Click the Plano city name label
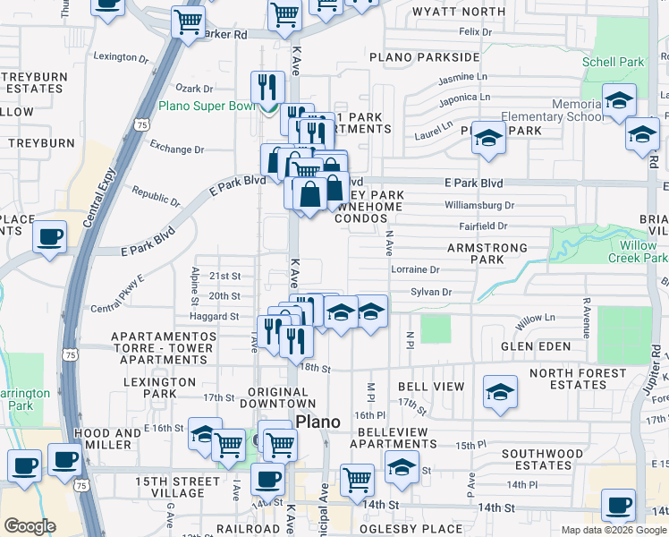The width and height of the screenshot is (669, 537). tap(318, 422)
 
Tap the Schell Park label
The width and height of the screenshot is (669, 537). tap(613, 63)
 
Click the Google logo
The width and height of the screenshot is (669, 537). tap(30, 526)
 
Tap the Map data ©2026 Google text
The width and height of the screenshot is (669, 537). tap(614, 530)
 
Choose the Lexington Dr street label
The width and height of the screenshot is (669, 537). tap(121, 57)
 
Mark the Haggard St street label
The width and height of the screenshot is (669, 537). tap(214, 316)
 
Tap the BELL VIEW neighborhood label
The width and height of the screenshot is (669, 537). tap(431, 387)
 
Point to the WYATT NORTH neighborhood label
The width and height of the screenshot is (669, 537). tap(459, 12)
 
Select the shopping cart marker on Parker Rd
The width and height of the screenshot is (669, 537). tap(188, 21)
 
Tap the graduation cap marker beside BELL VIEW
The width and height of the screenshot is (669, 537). tap(500, 392)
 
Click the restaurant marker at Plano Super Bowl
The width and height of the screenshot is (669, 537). tap(267, 87)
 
